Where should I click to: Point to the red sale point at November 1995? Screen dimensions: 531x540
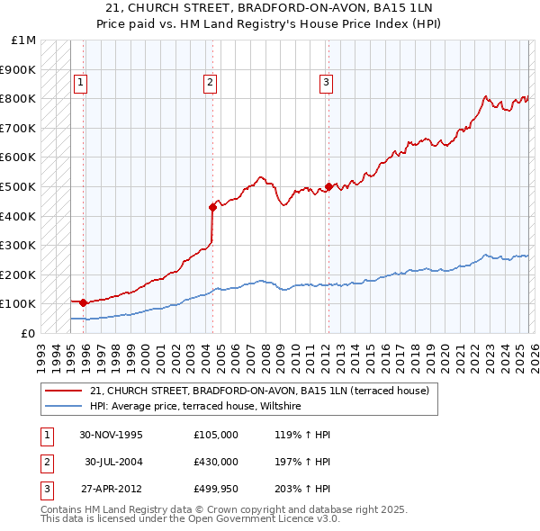pyautogui.click(x=83, y=302)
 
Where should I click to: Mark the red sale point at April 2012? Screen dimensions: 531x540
pyautogui.click(x=328, y=186)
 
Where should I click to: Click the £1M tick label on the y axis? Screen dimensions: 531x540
pyautogui.click(x=24, y=40)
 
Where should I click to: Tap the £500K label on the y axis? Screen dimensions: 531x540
pyautogui.click(x=18, y=186)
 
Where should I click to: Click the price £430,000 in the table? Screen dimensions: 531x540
pyautogui.click(x=216, y=461)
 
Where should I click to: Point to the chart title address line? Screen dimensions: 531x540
pyautogui.click(x=269, y=7)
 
